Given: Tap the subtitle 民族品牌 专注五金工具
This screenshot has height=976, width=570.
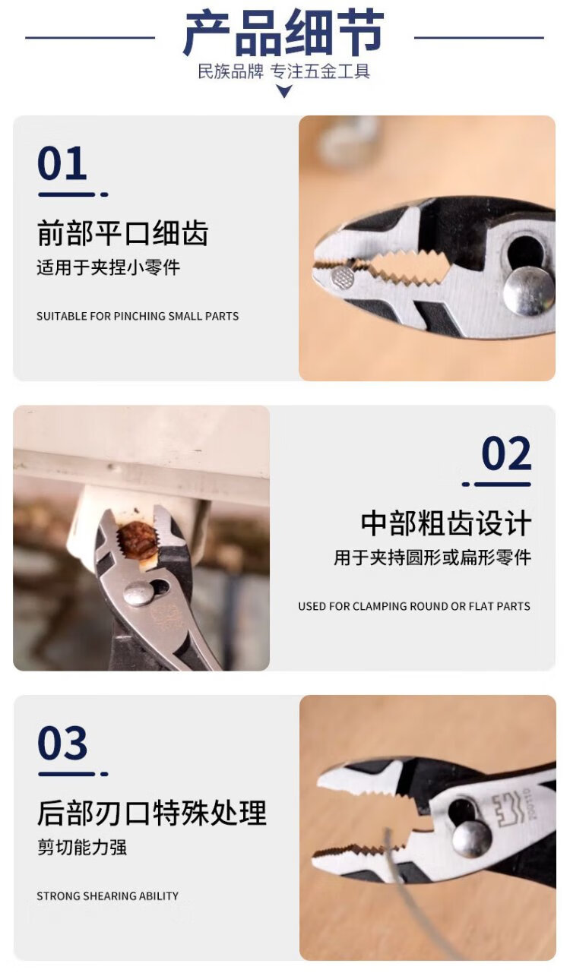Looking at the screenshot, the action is [284, 71].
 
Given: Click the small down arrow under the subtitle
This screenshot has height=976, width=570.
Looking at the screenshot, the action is [284, 91].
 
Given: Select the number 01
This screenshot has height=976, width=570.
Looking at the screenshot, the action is [62, 163].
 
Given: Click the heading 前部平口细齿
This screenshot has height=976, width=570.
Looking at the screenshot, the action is [122, 233].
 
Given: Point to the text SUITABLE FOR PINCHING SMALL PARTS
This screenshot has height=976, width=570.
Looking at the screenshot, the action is [138, 316].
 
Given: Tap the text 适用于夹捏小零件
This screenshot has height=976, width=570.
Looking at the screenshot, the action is [108, 267].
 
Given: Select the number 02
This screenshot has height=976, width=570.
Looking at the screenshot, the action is [507, 453].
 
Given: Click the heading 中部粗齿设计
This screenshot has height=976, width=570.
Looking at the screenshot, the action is [445, 523].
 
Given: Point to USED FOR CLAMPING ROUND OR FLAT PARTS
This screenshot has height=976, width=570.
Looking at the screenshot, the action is [414, 606].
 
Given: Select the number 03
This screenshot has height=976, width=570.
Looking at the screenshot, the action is [62, 743].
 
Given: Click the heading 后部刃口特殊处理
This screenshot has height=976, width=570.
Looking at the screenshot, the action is [152, 813].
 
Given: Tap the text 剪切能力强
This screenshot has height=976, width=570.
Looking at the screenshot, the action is [82, 847].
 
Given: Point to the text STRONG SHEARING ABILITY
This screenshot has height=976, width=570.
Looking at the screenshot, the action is [108, 895].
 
